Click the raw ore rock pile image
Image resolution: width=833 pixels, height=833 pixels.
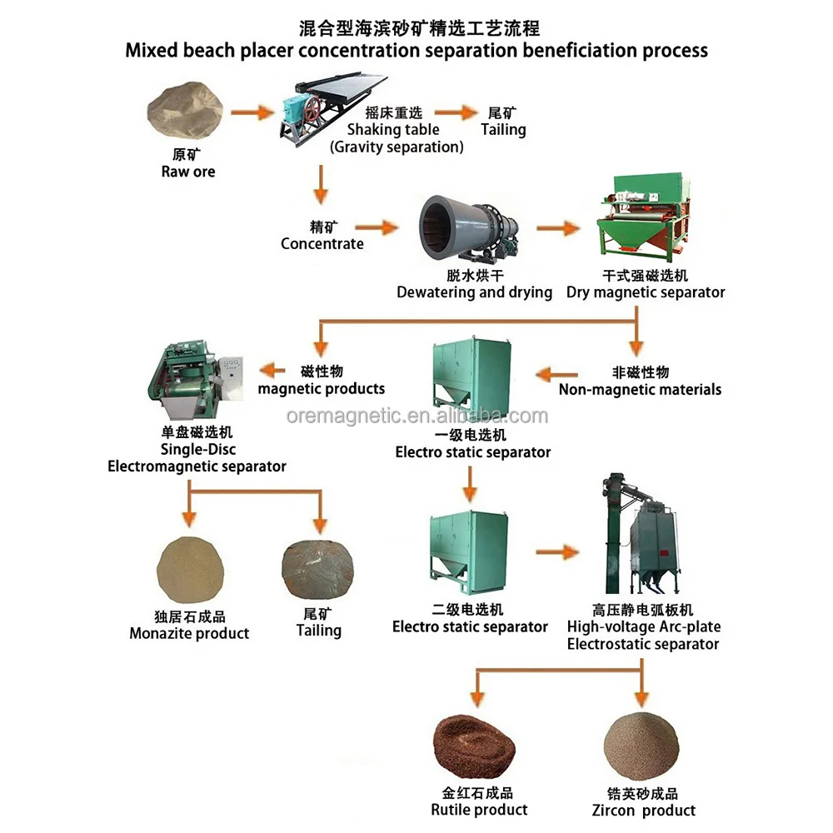pyautogui.click(x=185, y=111)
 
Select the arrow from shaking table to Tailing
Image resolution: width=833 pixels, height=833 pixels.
pyautogui.click(x=456, y=112)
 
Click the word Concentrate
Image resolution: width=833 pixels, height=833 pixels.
pyautogui.click(x=322, y=244)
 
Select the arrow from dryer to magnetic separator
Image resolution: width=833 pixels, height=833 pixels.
pyautogui.click(x=558, y=228)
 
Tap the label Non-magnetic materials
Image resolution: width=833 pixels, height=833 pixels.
pyautogui.click(x=640, y=390)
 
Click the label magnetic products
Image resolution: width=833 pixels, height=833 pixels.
pyautogui.click(x=322, y=389)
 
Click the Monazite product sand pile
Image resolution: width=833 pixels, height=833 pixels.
pyautogui.click(x=190, y=570)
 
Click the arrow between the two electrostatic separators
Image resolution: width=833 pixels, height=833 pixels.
pyautogui.click(x=470, y=484)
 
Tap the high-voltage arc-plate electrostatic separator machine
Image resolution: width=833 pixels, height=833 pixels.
pyautogui.click(x=641, y=534)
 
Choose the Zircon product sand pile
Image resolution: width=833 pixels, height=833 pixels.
pyautogui.click(x=641, y=746)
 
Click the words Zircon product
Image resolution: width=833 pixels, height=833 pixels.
pyautogui.click(x=644, y=811)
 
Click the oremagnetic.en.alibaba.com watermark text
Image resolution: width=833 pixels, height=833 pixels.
pyautogui.click(x=417, y=416)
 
